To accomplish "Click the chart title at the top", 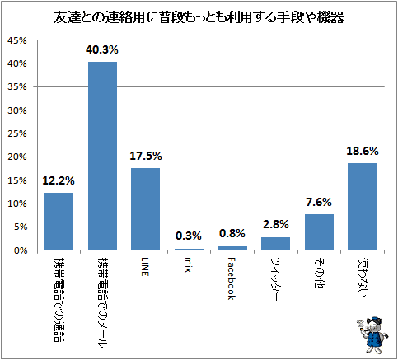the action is pyautogui.click(x=199, y=18).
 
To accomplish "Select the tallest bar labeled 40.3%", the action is pyautogui.click(x=102, y=156).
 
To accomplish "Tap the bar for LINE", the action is pyautogui.click(x=146, y=209).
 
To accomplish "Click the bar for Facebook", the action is pyautogui.click(x=232, y=248).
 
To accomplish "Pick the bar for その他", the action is pyautogui.click(x=319, y=232).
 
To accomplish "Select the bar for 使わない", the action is pyautogui.click(x=363, y=207).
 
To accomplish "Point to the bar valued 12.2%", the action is pyautogui.click(x=59, y=222).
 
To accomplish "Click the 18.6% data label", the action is pyautogui.click(x=363, y=151).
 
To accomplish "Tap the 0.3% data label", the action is pyautogui.click(x=189, y=236).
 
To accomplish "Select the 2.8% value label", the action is pyautogui.click(x=276, y=224).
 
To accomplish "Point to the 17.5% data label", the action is pyautogui.click(x=146, y=156).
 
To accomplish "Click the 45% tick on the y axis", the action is pyautogui.click(x=17, y=40).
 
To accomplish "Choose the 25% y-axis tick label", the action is pyautogui.click(x=17, y=133).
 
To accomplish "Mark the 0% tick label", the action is pyautogui.click(x=20, y=250).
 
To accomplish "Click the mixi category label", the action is pyautogui.click(x=188, y=266).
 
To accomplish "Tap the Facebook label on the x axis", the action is pyautogui.click(x=232, y=278).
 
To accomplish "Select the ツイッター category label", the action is pyautogui.click(x=275, y=279).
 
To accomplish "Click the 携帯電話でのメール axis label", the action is pyautogui.click(x=102, y=302).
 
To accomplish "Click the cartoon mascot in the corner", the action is pyautogui.click(x=373, y=334).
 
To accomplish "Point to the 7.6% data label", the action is pyautogui.click(x=319, y=203).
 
